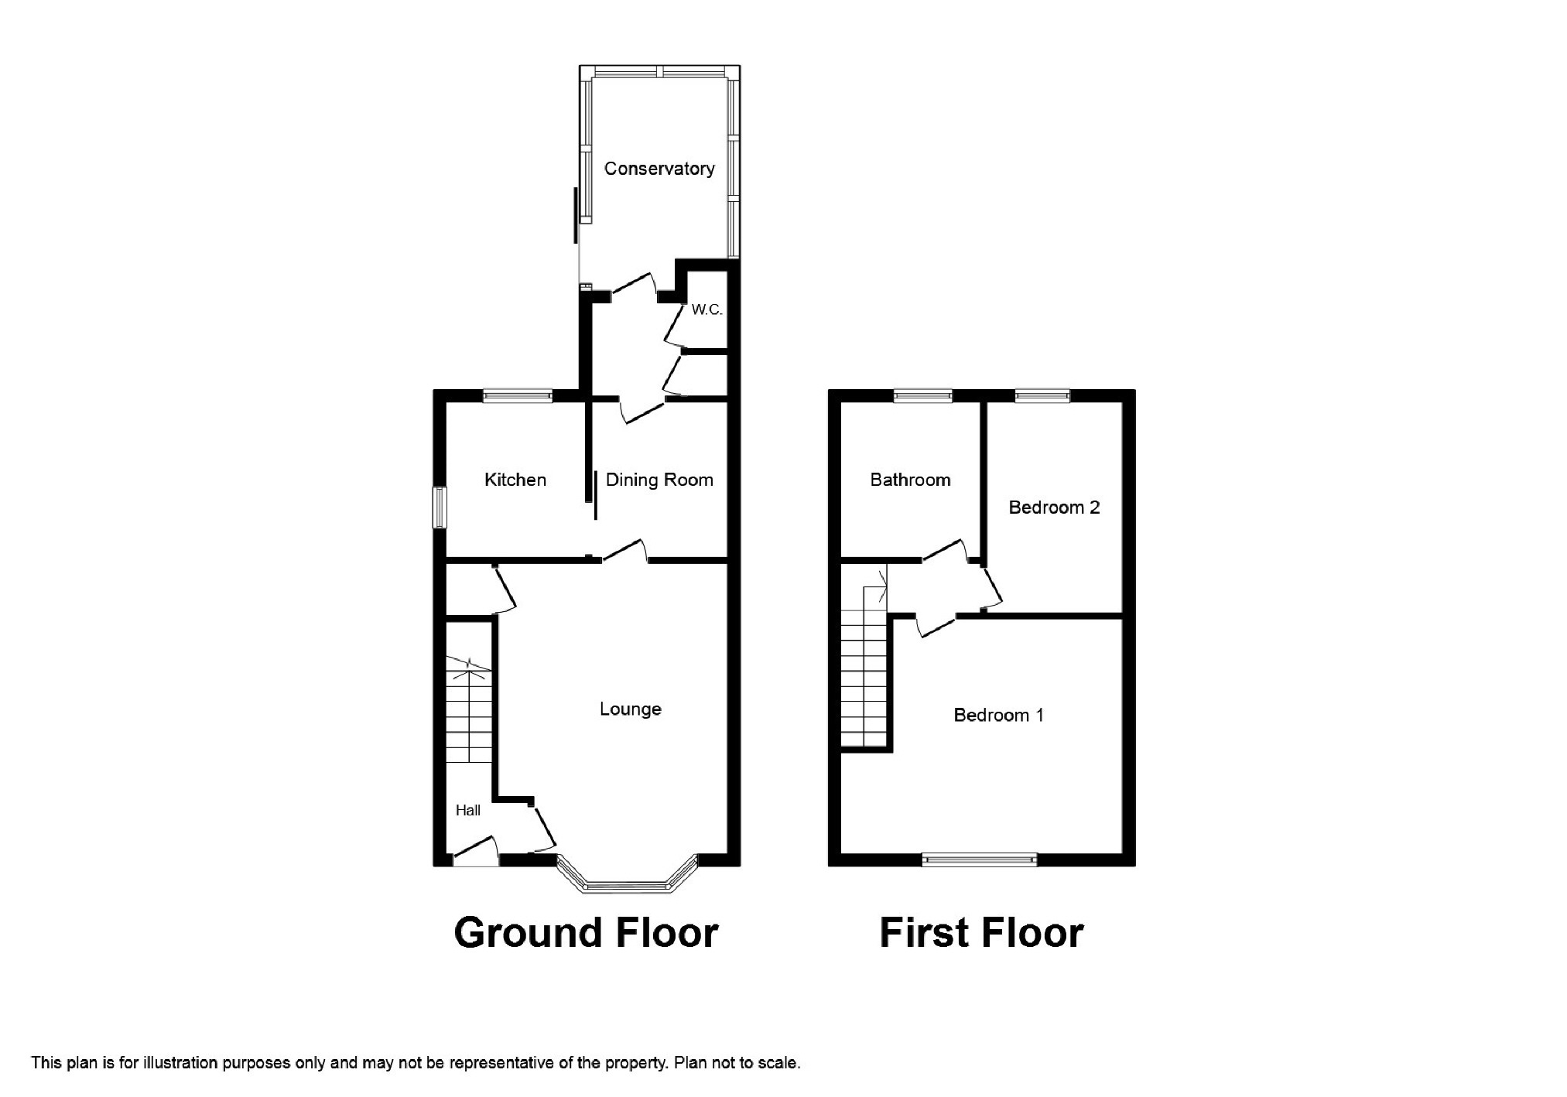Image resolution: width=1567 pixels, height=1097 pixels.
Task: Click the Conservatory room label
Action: point(659,169)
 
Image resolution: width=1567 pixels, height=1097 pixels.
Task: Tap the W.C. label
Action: point(707,310)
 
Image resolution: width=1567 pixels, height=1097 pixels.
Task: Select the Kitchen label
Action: point(515,480)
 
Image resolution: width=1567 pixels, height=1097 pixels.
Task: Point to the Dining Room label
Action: point(659,480)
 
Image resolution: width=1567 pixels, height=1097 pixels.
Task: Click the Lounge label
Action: point(631,709)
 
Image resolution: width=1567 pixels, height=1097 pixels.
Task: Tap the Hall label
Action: point(468,810)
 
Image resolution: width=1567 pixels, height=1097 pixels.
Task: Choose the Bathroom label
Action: point(910,480)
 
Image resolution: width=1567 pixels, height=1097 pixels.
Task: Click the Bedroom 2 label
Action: point(1054,507)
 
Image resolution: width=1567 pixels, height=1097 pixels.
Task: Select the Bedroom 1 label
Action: point(998,715)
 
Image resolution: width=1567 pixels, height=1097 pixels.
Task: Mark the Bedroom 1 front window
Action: point(980,859)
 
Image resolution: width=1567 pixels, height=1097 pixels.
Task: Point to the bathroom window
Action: point(923,395)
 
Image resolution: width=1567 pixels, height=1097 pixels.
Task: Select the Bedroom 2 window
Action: point(1042,395)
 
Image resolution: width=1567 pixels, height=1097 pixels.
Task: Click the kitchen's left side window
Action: point(440,507)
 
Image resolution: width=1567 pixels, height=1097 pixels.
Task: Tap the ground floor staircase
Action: point(469,710)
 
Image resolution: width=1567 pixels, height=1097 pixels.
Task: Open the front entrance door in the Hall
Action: point(475,851)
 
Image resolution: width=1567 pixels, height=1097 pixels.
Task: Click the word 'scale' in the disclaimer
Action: point(779,1063)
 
